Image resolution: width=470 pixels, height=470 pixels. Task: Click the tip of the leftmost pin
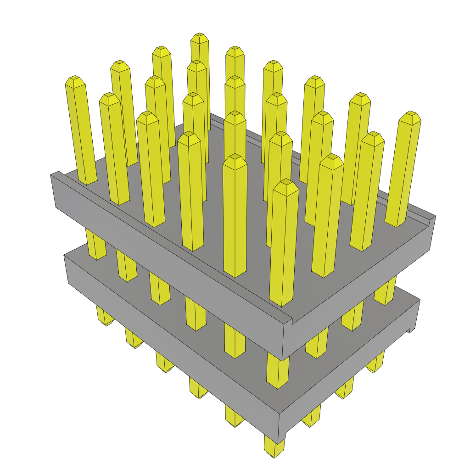pos(75,80)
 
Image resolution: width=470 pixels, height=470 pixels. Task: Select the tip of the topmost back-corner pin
pos(199,37)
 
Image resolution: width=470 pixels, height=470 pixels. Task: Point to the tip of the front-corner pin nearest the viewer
pos(285,183)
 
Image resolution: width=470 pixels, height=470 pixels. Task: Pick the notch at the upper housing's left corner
pos(56,174)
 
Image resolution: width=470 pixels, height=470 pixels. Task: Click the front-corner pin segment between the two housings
pos(278,372)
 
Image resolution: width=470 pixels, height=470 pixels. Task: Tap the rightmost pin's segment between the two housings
pos(384,292)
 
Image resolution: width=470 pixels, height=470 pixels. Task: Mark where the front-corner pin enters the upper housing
pos(281,303)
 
